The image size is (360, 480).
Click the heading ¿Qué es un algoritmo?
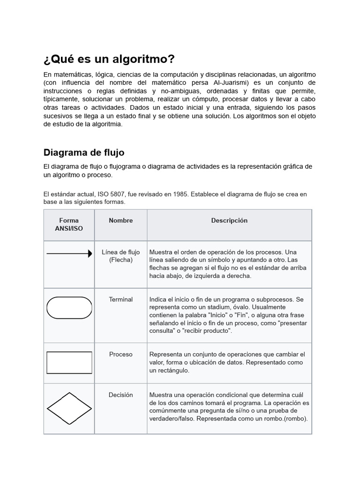tap(109, 60)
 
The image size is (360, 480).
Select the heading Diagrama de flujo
tap(84, 152)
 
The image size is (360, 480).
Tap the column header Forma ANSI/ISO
tap(69, 225)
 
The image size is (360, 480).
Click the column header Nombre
tap(121, 220)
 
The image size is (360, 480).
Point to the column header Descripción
tap(229, 220)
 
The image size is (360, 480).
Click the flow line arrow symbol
tap(69, 254)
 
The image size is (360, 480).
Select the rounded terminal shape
tap(69, 308)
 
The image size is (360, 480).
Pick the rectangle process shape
tap(69, 362)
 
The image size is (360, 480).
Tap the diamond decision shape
tap(69, 408)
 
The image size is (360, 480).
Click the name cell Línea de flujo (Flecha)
tap(121, 256)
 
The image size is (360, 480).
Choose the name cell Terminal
tap(121, 299)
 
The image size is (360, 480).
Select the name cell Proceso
tap(121, 354)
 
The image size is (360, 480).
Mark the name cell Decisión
tap(121, 395)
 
